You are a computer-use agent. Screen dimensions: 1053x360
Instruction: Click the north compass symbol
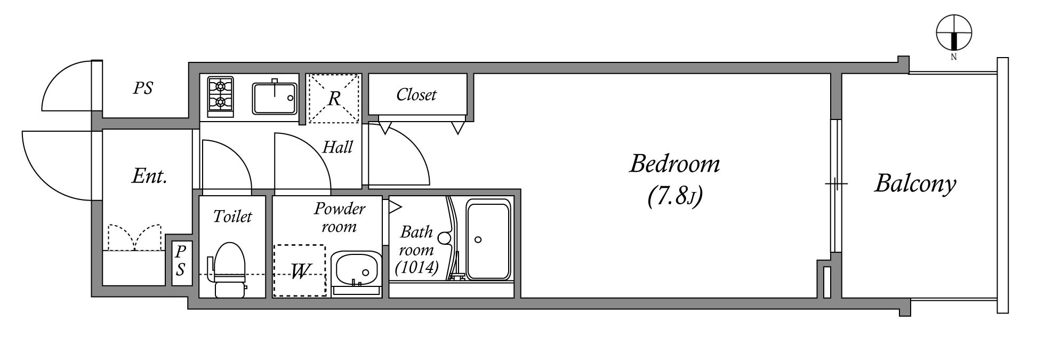click(x=954, y=33)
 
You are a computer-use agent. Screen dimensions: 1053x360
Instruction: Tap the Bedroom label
click(x=674, y=163)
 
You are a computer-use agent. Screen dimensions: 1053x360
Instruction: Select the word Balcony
click(x=915, y=184)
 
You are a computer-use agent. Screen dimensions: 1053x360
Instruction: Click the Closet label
click(x=416, y=95)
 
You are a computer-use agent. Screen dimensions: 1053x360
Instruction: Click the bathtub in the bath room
click(x=488, y=239)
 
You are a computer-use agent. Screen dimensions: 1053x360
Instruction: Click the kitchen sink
click(x=275, y=98)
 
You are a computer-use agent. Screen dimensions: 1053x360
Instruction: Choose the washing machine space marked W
click(x=299, y=270)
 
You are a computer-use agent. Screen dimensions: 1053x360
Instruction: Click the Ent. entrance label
click(x=149, y=176)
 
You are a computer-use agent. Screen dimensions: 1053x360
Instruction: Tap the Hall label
click(x=337, y=147)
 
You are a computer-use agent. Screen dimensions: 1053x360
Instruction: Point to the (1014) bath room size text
click(x=417, y=267)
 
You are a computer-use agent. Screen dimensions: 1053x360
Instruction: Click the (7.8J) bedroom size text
click(x=675, y=197)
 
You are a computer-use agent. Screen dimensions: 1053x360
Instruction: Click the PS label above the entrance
click(x=143, y=88)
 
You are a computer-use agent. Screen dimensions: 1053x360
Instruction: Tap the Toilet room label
click(x=232, y=216)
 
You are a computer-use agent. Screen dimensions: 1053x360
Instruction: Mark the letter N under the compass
click(x=954, y=57)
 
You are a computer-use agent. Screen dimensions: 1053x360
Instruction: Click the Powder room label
click(x=339, y=217)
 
